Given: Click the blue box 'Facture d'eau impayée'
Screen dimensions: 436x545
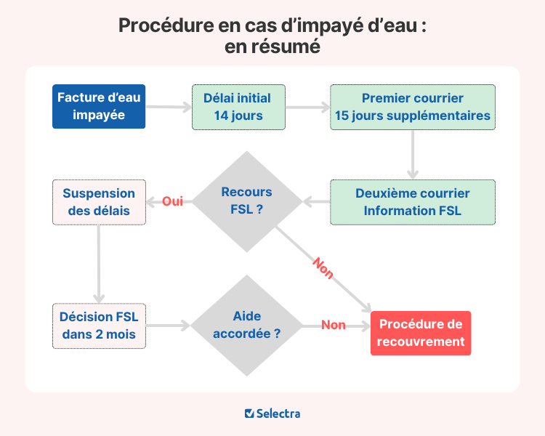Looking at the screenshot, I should click(99, 107).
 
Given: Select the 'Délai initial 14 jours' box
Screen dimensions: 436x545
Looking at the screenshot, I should click(238, 107).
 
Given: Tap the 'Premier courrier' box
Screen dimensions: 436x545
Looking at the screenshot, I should click(413, 107).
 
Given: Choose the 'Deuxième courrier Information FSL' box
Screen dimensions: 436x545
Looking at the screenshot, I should click(413, 202).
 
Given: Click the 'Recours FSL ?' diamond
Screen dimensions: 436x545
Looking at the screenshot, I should click(247, 201).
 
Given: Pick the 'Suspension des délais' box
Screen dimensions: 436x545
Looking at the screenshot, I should click(99, 202).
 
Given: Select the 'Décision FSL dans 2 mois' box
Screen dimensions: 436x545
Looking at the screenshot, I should click(99, 326).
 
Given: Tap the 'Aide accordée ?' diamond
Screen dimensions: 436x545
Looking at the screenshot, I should click(247, 326).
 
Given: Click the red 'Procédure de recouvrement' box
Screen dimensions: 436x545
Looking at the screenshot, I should click(421, 333).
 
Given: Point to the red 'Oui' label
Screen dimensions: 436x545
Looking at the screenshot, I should click(172, 201).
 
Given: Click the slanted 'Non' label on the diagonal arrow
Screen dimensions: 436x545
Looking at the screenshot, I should click(323, 268).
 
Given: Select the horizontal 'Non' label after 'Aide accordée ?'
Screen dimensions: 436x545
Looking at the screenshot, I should click(334, 326).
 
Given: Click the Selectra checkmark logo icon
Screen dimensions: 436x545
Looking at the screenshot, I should click(249, 413).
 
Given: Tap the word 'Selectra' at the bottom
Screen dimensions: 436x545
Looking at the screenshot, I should click(279, 413).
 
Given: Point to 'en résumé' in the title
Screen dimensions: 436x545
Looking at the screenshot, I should click(272, 46).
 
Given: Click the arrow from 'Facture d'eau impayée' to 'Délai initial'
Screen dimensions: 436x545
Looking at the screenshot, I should click(168, 107).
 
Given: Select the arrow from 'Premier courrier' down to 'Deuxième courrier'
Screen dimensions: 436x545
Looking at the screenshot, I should click(413, 154).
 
